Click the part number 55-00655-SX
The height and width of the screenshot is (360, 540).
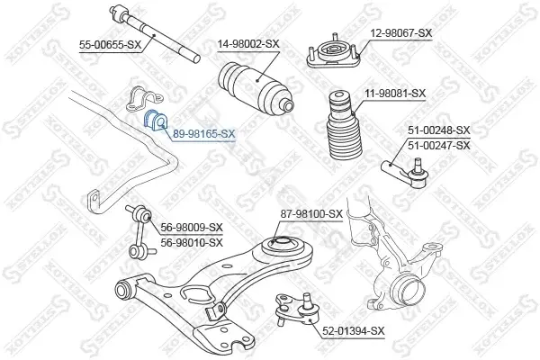110,45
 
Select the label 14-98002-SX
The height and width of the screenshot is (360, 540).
248,44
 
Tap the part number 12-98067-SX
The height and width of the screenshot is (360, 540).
400,33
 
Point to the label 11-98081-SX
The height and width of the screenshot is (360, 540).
395,94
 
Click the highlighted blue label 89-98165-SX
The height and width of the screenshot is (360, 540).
204,134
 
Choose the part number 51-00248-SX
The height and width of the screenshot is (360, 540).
439,130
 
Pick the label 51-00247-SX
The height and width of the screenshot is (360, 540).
439,146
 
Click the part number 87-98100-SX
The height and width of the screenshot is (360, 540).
311,214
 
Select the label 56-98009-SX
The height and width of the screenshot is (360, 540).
192,228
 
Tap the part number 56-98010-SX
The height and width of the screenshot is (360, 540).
192,242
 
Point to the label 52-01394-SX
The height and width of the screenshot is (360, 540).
354,331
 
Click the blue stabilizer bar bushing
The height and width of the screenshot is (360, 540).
155,121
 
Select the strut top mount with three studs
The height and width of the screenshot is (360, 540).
333,52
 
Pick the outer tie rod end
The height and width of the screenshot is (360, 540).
406,173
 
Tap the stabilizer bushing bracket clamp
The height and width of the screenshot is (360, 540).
144,98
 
